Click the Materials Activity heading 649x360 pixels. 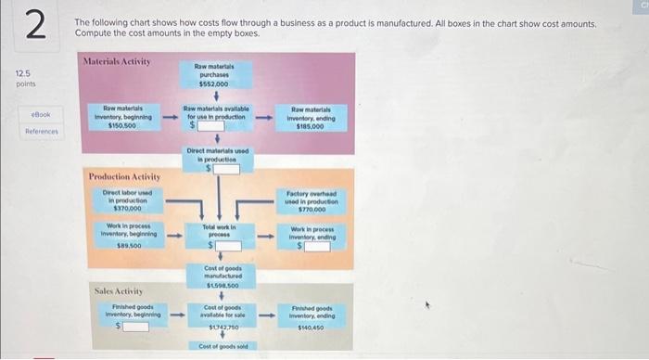click(117, 61)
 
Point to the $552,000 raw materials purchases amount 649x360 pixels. click(213, 82)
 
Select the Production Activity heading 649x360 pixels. click(123, 176)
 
